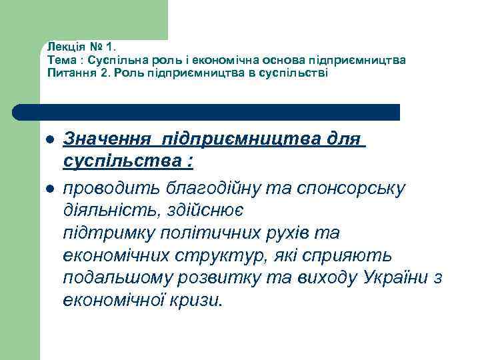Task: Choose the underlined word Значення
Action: click(x=110, y=140)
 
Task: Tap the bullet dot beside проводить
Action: click(x=49, y=189)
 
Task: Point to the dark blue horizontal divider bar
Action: click(x=207, y=112)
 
